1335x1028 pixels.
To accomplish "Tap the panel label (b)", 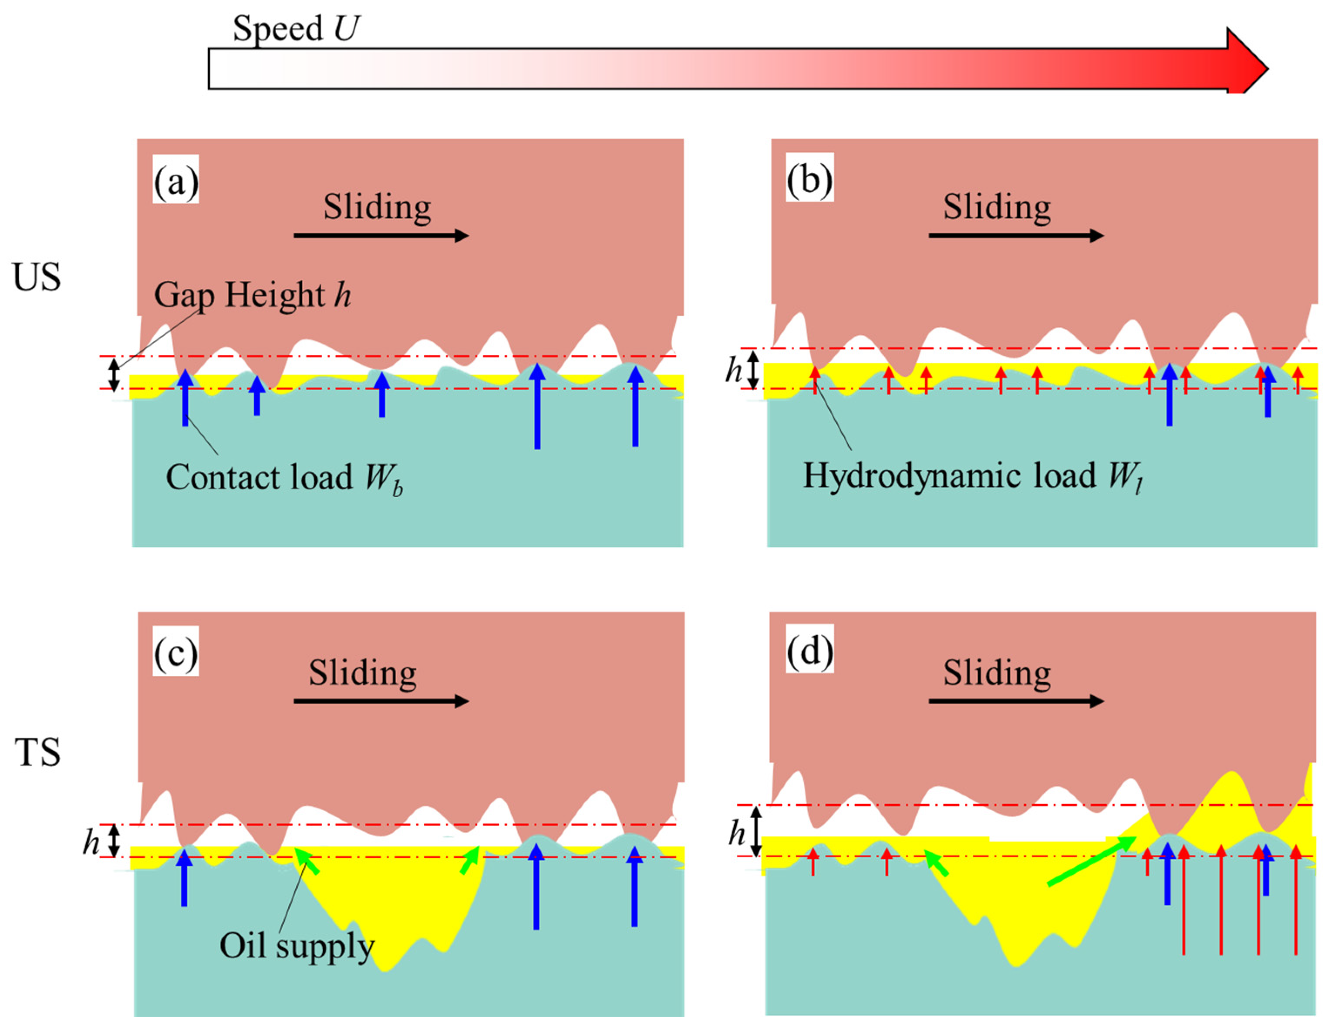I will pos(810,179).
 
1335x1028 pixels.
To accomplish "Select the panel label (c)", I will pos(176,653).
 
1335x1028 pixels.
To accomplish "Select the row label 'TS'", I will pos(37,752).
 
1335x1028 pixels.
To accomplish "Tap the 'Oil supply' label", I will pos(297,946).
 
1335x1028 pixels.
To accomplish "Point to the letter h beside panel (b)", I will pos(734,370).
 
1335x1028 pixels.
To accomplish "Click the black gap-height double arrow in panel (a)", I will pos(114,374).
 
